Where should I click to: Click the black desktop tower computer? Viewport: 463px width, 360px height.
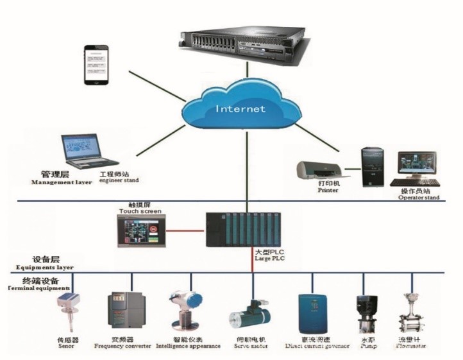pyautogui.click(x=373, y=166)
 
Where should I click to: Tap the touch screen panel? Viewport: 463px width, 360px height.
pyautogui.click(x=140, y=230)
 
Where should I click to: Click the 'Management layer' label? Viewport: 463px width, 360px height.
pyautogui.click(x=62, y=182)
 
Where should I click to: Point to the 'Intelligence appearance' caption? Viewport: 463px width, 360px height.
pyautogui.click(x=189, y=346)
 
